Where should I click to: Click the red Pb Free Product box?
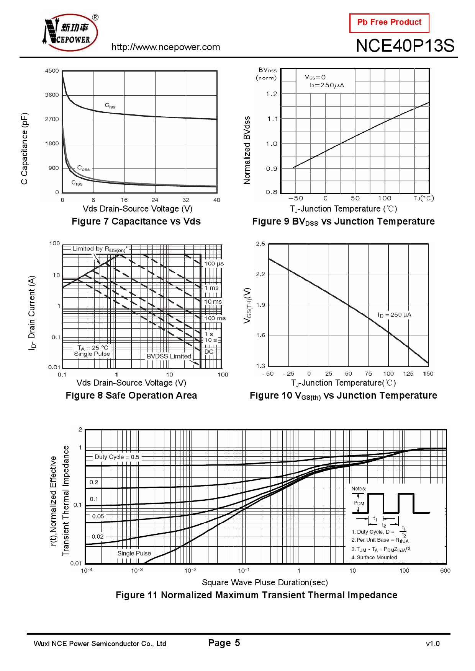(x=389, y=23)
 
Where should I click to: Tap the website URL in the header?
(x=165, y=47)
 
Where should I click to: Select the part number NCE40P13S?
(x=405, y=46)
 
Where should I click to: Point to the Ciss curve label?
(x=110, y=106)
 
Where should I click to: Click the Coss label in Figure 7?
(x=83, y=168)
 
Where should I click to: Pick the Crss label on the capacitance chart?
(x=77, y=183)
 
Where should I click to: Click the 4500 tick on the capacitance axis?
(x=52, y=71)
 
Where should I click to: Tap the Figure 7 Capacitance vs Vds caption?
(x=136, y=221)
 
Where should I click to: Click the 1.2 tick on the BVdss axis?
(x=272, y=94)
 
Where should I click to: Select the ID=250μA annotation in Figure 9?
(x=327, y=85)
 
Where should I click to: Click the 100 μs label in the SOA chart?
(x=214, y=264)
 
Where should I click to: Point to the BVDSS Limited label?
(x=169, y=356)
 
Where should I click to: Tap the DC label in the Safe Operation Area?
(x=209, y=352)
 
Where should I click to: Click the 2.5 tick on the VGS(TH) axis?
(x=260, y=244)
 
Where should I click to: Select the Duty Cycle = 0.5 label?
(x=117, y=457)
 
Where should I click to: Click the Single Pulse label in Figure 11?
(x=134, y=553)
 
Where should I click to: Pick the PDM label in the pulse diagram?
(x=359, y=503)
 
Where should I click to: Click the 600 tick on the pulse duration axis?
(x=445, y=571)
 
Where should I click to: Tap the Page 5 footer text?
(x=224, y=643)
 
